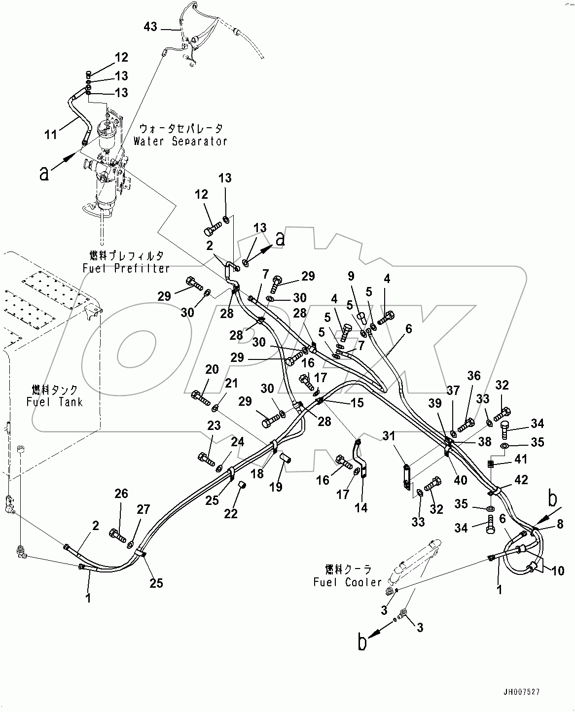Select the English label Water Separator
[x=180, y=141]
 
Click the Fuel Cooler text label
[x=348, y=582]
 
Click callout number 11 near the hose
[x=51, y=134]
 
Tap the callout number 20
[x=212, y=369]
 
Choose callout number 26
[x=121, y=494]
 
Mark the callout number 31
[x=389, y=435]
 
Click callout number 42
[x=521, y=480]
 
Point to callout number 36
[x=474, y=376]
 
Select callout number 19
[x=276, y=487]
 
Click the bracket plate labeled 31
[x=406, y=477]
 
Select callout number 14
[x=361, y=507]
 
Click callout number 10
[x=557, y=571]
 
